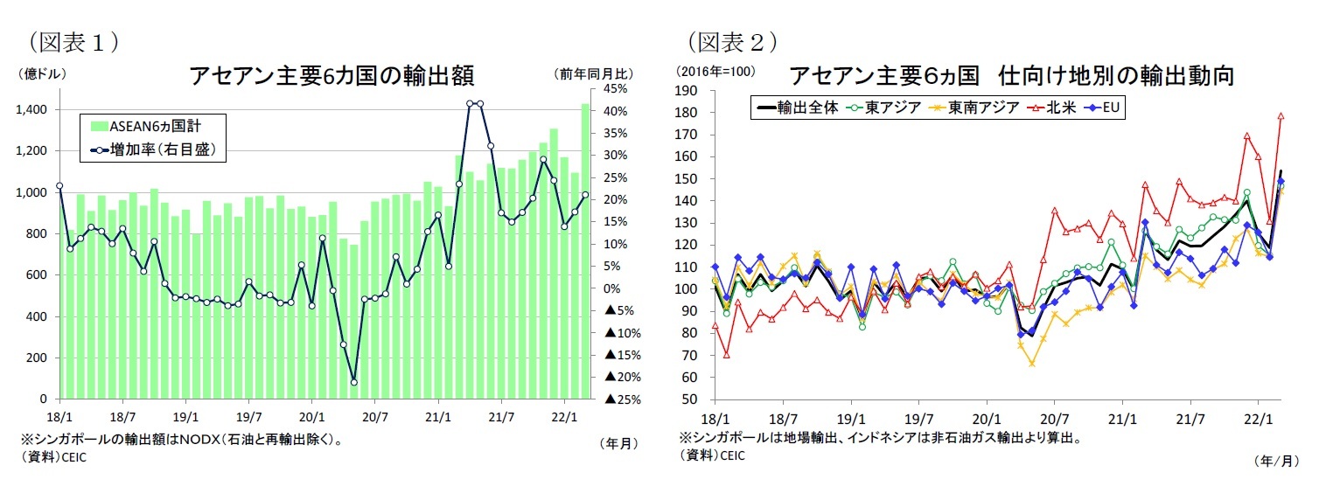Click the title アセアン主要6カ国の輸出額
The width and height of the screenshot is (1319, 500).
[331, 77]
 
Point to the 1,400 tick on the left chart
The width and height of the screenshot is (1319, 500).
[32, 110]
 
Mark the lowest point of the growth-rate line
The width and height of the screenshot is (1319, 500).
[353, 382]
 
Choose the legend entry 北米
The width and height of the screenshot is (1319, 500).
[1057, 108]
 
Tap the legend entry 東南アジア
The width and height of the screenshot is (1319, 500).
[983, 108]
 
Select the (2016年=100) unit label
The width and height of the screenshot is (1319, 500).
[715, 71]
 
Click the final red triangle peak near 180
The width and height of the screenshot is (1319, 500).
[1281, 115]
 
